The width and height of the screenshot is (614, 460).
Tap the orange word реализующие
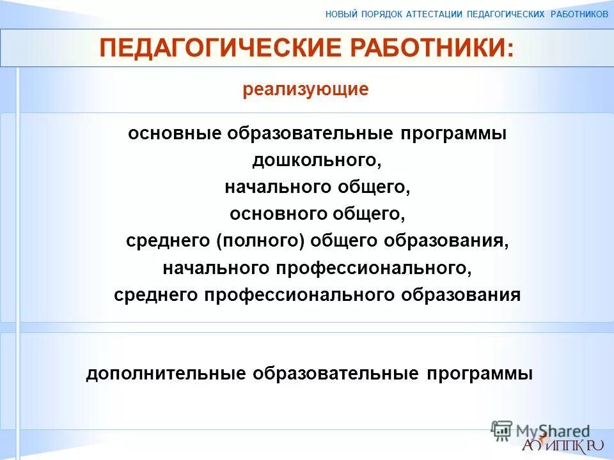click(x=306, y=89)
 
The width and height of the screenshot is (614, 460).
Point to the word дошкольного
click(x=317, y=160)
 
